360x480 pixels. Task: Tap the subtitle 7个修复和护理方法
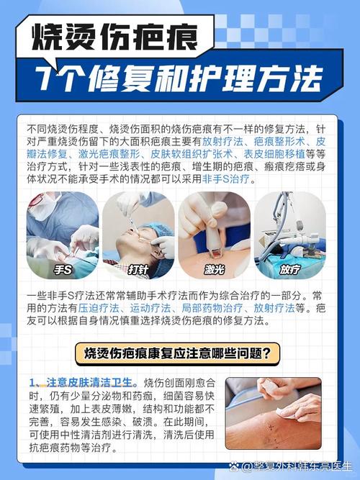(x=179, y=78)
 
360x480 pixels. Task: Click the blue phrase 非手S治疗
(x=228, y=179)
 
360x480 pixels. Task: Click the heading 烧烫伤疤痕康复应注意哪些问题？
(x=178, y=353)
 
